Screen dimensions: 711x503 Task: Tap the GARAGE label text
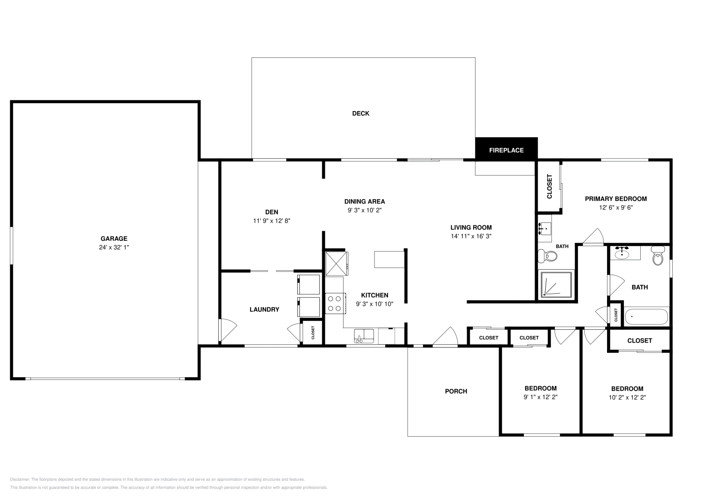(114, 239)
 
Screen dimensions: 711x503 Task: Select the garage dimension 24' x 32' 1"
(114, 248)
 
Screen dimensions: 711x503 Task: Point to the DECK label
(360, 114)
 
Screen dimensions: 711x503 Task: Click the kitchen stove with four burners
(335, 303)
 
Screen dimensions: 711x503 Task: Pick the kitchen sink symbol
(364, 336)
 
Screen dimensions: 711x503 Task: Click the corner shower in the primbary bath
(556, 284)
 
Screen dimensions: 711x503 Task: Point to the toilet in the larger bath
(658, 256)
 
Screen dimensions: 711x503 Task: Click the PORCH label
(456, 391)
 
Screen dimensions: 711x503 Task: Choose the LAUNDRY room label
(264, 309)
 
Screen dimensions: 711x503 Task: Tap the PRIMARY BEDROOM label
(616, 199)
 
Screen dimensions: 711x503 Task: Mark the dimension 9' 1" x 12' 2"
(540, 397)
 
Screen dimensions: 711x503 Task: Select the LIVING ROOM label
(471, 228)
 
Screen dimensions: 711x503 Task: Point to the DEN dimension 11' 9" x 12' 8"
(272, 221)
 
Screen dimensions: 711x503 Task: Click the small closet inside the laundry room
(313, 332)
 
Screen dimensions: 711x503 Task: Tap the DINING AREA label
(364, 202)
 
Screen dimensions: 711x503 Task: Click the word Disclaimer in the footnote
(20, 479)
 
